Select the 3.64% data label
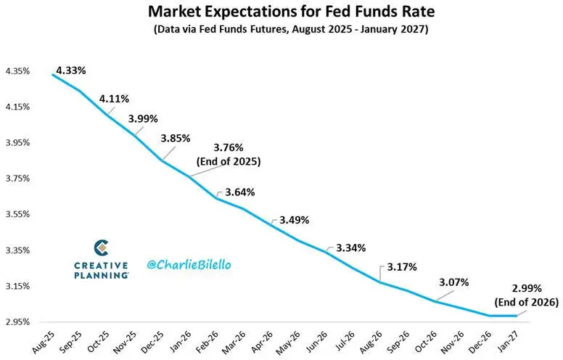click(239, 192)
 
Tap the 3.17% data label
click(401, 266)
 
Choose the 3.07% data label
click(454, 282)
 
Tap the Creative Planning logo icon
click(102, 248)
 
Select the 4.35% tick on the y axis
click(17, 71)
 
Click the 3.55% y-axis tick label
click(17, 214)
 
